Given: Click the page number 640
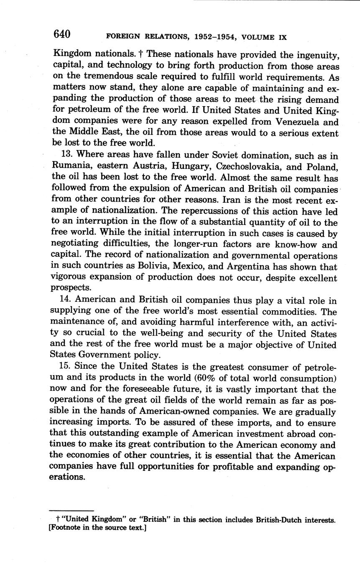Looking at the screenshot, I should (x=62, y=35).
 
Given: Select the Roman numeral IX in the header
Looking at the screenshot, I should (x=283, y=37).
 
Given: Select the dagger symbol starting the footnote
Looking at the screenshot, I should (x=57, y=520).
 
